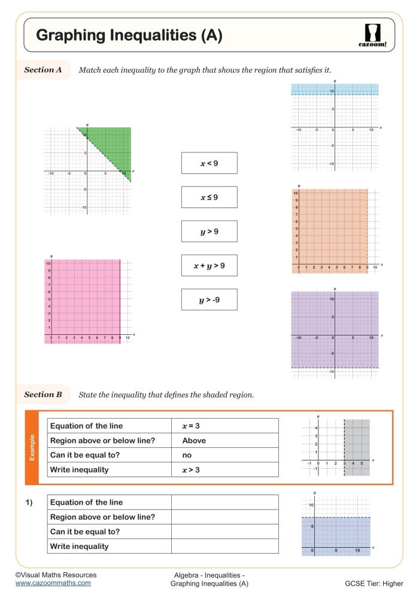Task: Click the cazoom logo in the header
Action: point(375,35)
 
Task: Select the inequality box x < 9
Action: point(209,163)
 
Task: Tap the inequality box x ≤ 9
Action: point(209,197)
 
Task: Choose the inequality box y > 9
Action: point(209,231)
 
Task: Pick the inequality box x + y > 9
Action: point(209,265)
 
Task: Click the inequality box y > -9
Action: point(209,300)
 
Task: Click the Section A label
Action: point(43,70)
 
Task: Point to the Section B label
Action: point(43,395)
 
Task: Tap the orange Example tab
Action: point(32,447)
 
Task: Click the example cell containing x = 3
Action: point(225,426)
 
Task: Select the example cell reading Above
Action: point(225,441)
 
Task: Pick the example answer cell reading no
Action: point(225,455)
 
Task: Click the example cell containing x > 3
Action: point(225,470)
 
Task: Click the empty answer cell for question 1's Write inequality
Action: point(225,546)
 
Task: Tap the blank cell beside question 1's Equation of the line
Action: point(225,502)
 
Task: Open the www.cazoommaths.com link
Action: point(53,582)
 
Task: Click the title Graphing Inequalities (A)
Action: point(129,36)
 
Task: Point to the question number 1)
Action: point(29,502)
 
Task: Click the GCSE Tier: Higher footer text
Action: point(374,583)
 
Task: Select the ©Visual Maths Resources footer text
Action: point(55,575)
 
